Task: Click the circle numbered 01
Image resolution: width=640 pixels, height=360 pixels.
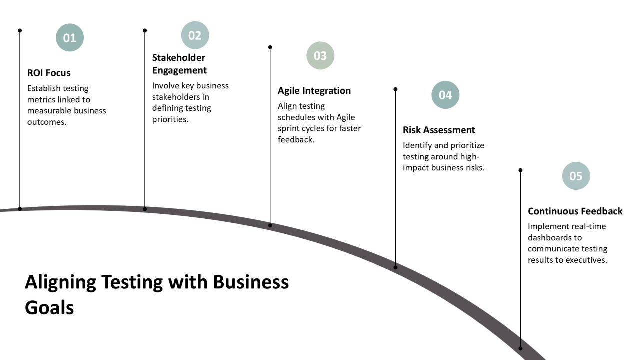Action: click(70, 37)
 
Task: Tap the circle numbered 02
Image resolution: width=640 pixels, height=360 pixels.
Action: click(195, 35)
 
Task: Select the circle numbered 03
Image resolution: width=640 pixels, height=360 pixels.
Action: click(320, 55)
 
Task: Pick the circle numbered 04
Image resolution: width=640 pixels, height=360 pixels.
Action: click(445, 95)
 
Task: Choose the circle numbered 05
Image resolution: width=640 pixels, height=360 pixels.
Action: click(576, 176)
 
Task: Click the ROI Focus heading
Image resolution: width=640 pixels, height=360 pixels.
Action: click(49, 73)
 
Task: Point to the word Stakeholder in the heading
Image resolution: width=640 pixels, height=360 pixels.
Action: click(179, 57)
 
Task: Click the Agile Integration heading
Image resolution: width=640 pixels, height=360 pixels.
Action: click(314, 91)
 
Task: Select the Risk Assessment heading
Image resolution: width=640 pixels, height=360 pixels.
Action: click(439, 130)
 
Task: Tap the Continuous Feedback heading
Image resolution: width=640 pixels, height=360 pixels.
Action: click(575, 211)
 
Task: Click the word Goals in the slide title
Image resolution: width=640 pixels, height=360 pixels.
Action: click(49, 308)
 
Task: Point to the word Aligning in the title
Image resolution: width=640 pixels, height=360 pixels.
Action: click(60, 282)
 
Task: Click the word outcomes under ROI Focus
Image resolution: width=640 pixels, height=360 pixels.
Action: click(47, 122)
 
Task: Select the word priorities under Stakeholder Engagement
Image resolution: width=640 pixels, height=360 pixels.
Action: click(170, 119)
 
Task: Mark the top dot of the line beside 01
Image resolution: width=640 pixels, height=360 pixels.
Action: click(20, 30)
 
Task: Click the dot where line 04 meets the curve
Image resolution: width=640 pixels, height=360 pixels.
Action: click(395, 267)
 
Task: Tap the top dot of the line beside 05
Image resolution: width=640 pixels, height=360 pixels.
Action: click(520, 170)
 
